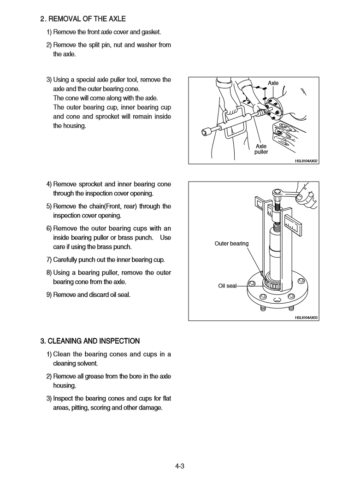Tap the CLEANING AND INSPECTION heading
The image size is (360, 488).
pos(90,341)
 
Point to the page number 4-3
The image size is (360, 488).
pos(180,466)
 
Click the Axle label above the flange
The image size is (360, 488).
pos(273,83)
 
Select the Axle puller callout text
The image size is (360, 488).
pos(261,149)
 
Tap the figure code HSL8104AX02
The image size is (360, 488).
pos(307,161)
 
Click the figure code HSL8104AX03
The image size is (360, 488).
pos(307,317)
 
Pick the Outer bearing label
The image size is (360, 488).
pos(231,243)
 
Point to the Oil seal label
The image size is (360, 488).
pos(227,286)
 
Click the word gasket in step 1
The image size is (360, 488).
pos(151,32)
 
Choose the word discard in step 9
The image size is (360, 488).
pos(104,294)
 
